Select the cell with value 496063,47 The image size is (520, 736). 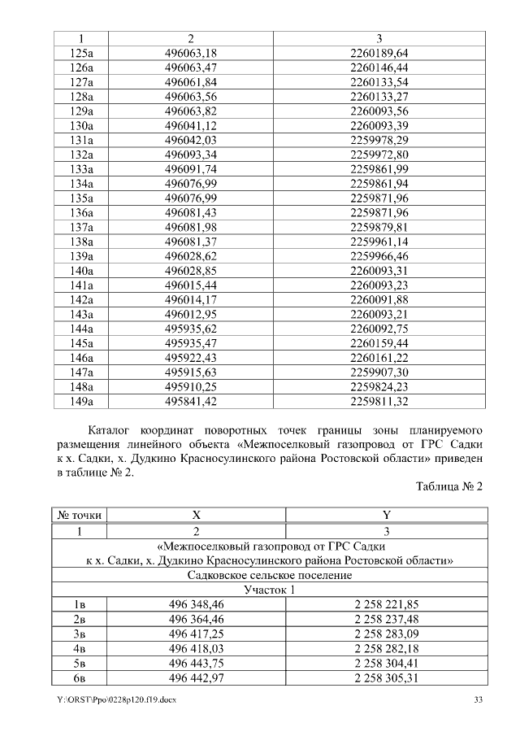coord(190,68)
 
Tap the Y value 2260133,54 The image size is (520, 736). coord(379,82)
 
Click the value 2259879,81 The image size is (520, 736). coord(379,227)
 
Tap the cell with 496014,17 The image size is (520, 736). coord(190,299)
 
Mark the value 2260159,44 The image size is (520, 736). coord(379,343)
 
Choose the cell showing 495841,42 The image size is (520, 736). coord(190,401)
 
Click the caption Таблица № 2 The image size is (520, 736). coord(448,486)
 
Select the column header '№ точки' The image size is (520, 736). coord(80,515)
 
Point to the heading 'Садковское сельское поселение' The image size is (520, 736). coord(269,575)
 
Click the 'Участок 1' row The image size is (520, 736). coord(269,589)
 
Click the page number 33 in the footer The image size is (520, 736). coord(479,699)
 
